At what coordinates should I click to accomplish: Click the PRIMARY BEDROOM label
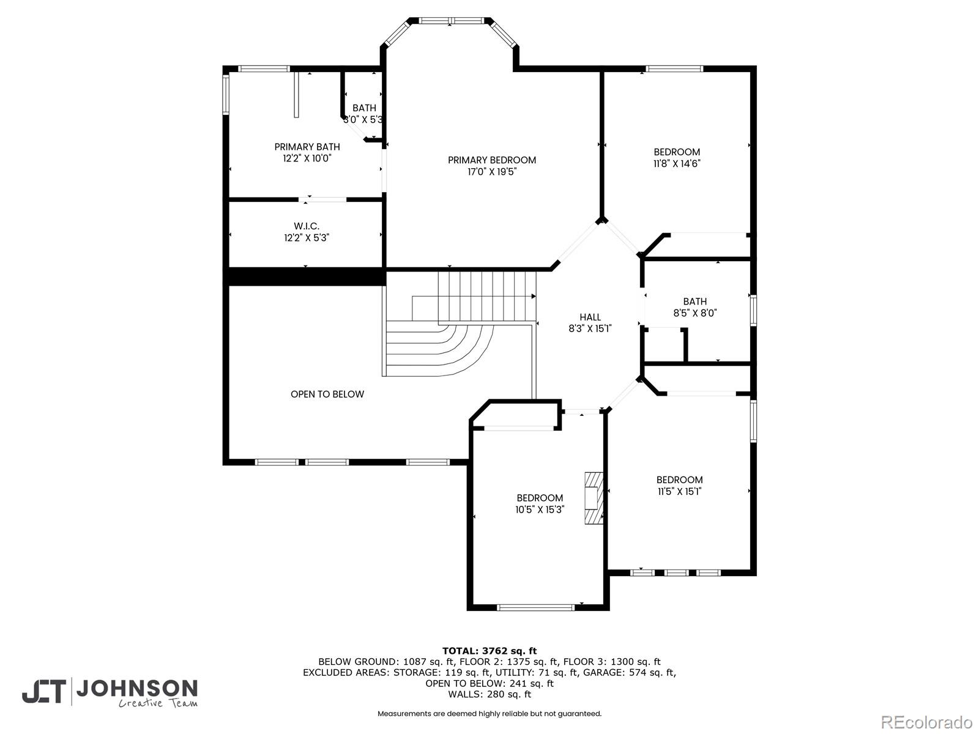491,160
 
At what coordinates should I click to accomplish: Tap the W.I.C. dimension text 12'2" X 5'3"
306,238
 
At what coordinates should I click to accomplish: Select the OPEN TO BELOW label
327,395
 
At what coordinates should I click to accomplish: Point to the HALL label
590,317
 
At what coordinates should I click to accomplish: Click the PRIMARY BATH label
307,147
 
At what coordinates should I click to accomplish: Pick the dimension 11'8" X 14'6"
677,164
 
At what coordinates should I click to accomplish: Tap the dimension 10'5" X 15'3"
539,510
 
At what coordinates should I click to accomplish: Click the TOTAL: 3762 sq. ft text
489,651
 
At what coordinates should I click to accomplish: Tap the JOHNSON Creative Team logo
110,693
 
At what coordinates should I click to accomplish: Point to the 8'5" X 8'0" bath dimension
694,313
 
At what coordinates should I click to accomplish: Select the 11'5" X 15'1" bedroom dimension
679,491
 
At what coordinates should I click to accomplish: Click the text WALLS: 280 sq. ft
489,694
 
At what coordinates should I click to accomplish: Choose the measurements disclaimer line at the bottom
489,714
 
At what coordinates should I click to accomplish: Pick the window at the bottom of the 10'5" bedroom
535,607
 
